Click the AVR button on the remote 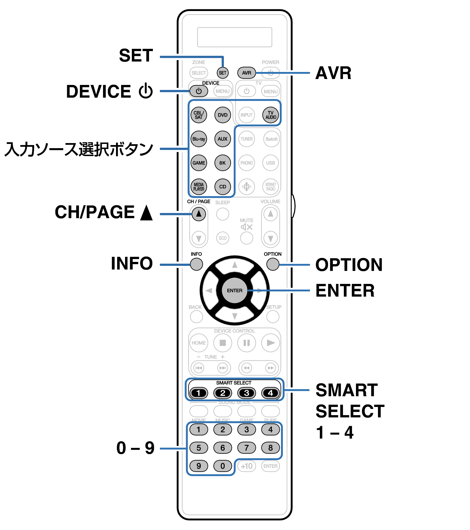coord(246,73)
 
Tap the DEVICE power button coord(199,91)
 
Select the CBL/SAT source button coord(199,115)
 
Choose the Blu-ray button coord(199,139)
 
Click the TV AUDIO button coord(270,115)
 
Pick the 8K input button coord(222,163)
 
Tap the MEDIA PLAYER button coord(199,187)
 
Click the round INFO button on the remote coord(196,264)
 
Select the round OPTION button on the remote coord(273,264)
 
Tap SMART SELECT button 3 coord(246,393)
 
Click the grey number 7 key coord(246,448)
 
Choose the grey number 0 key coord(222,466)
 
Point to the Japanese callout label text coord(79,149)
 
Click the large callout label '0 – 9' coord(135,448)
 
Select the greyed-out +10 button coord(246,466)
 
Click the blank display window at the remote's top coord(235,37)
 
